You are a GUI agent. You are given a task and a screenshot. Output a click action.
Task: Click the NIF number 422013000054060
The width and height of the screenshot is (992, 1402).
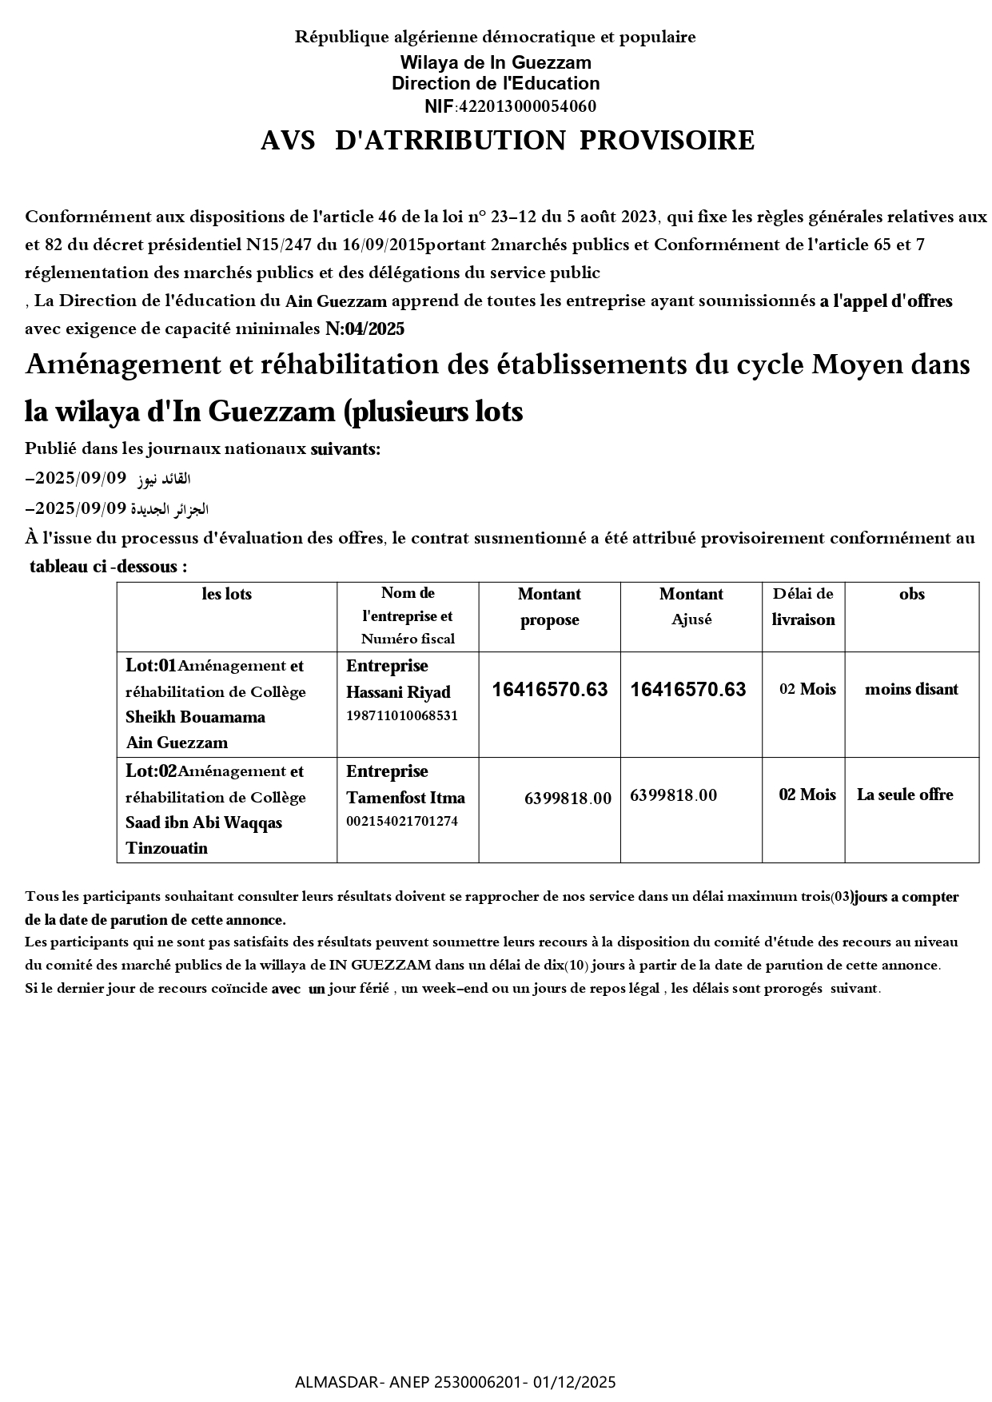click(x=525, y=106)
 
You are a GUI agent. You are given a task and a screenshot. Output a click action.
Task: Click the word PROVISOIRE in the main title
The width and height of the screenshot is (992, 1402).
click(x=667, y=141)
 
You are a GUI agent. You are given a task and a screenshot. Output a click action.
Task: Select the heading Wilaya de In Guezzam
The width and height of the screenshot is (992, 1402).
click(x=496, y=62)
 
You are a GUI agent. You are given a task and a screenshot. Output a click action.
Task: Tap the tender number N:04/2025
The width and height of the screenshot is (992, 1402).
click(x=365, y=329)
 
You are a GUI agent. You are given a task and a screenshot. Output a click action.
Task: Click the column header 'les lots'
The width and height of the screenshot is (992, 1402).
click(x=226, y=594)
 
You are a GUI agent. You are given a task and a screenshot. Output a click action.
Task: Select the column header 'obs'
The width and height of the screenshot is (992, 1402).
click(x=911, y=594)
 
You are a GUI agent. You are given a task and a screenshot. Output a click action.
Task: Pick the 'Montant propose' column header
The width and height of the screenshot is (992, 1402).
click(x=549, y=607)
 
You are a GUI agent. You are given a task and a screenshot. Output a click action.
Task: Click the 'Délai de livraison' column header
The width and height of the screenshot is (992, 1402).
click(x=803, y=607)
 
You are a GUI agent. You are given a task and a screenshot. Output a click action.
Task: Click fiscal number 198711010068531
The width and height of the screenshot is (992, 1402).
click(x=402, y=715)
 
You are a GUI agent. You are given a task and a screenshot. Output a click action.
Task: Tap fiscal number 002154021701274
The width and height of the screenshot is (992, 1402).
click(x=402, y=821)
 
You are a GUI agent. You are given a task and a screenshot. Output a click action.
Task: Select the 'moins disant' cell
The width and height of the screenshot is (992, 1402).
click(x=911, y=689)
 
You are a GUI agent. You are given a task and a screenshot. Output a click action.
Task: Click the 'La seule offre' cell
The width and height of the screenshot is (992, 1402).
click(x=905, y=795)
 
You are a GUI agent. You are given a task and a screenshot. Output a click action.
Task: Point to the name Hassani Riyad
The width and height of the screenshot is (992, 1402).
click(x=398, y=692)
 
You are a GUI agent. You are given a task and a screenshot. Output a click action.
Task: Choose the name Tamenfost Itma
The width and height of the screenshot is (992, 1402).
click(x=405, y=798)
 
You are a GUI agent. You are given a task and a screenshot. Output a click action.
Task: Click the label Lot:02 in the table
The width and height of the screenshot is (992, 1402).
click(x=151, y=771)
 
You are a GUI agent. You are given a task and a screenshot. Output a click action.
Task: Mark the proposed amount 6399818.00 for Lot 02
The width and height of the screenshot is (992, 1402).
click(x=568, y=798)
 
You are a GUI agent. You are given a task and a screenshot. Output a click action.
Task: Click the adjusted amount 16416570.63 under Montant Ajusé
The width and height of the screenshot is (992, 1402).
click(x=688, y=689)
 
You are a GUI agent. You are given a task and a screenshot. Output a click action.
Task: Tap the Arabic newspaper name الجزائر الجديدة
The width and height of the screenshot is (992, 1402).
click(x=169, y=509)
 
